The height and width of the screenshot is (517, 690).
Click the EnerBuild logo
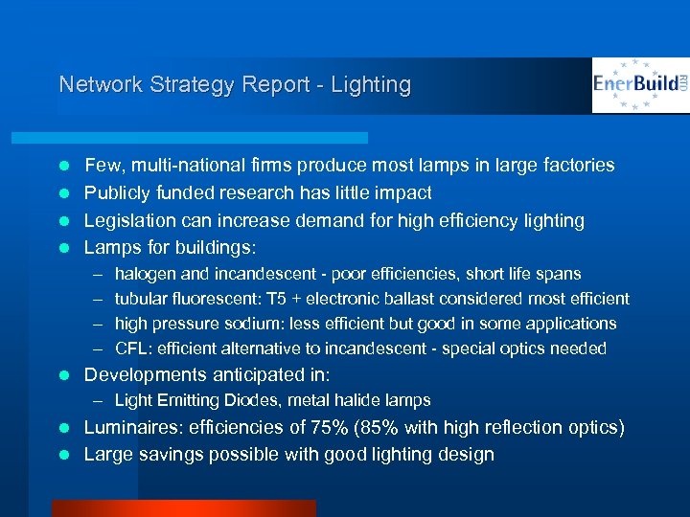click(x=640, y=85)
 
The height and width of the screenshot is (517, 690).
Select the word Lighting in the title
click(x=371, y=84)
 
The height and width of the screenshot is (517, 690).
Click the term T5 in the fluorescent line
click(x=287, y=299)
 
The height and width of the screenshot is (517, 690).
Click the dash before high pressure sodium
click(x=99, y=324)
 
